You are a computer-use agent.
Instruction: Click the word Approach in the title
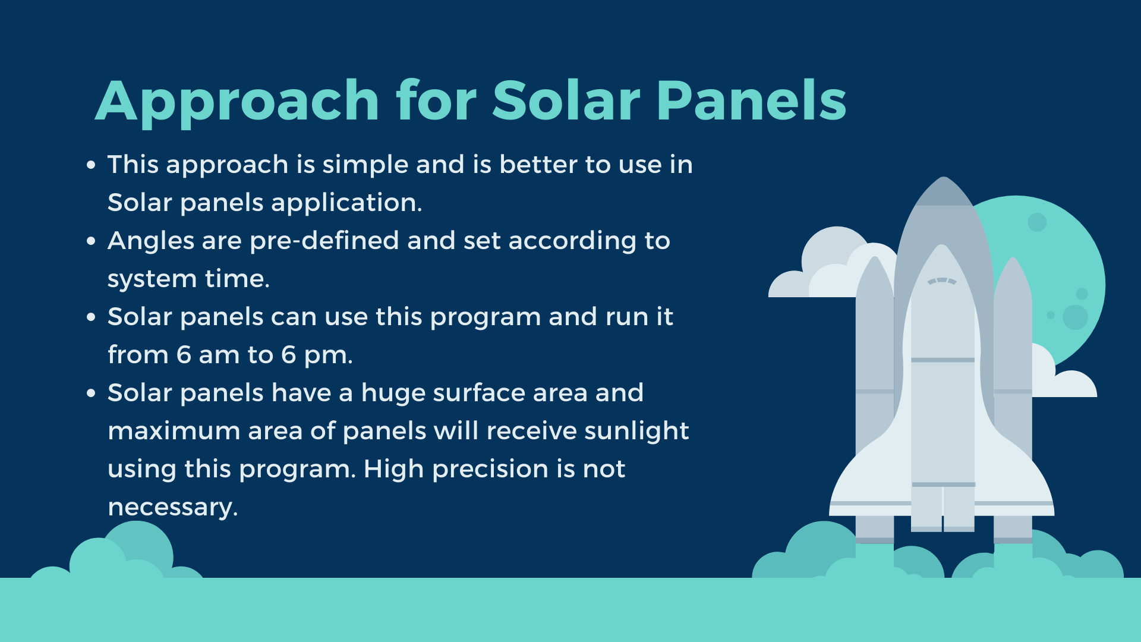point(237,102)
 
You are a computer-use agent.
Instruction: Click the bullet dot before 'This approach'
point(91,165)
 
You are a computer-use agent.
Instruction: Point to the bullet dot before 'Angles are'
point(91,241)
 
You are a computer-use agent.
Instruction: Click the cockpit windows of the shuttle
point(942,281)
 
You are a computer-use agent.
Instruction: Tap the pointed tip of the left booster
point(875,257)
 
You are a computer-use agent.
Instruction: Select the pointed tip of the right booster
point(1013,258)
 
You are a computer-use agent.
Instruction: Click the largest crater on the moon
point(1075,317)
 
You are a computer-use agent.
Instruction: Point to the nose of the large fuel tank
point(944,178)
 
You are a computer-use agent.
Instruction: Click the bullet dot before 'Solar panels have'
point(91,394)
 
